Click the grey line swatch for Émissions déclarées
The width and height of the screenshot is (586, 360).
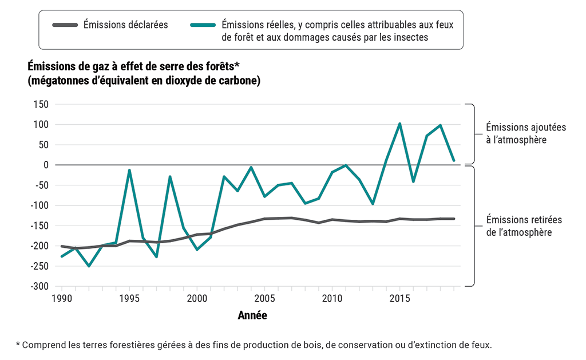pos(63,25)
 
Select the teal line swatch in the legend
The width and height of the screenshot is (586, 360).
pos(201,25)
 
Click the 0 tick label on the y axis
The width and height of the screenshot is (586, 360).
pos(45,165)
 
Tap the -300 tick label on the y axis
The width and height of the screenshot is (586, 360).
pos(38,286)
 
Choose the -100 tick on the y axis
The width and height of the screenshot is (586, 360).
pos(38,205)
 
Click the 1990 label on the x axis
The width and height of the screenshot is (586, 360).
pos(62,299)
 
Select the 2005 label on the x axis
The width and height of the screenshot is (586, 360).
pos(264,299)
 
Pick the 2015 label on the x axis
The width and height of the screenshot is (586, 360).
pos(399,299)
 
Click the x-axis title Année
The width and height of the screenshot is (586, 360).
pos(252,315)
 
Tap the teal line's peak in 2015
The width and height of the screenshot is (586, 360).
pos(399,124)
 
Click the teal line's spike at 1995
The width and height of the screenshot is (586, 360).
pos(129,170)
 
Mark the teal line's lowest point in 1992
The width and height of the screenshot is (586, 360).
pos(89,266)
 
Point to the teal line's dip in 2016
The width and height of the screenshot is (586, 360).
pos(413,181)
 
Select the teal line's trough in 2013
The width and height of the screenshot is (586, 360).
pos(373,204)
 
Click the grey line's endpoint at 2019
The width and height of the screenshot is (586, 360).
pos(454,219)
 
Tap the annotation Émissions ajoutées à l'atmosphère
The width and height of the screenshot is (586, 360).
pos(517,133)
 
